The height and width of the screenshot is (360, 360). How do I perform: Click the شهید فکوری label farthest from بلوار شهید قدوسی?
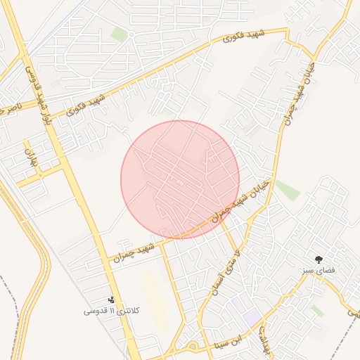click(240, 37)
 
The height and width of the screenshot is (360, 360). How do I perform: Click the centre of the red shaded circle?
click(180, 179)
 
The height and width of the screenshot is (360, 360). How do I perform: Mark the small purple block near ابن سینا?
click(251, 317)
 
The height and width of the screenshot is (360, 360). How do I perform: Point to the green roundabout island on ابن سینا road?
click(193, 346)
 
